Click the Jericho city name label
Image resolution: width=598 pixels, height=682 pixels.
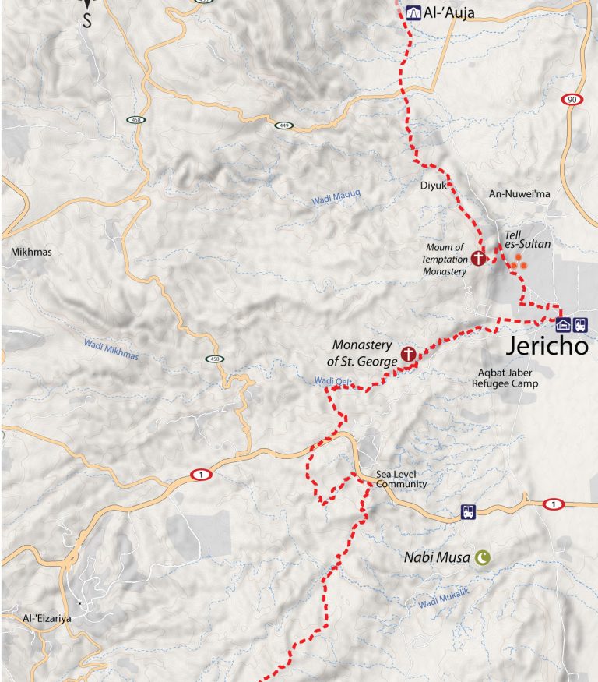[x=547, y=347]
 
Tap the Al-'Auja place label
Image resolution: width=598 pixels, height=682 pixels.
[x=449, y=12]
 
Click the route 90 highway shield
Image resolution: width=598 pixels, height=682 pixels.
[x=572, y=99]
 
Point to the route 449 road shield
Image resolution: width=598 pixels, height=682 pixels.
[x=282, y=124]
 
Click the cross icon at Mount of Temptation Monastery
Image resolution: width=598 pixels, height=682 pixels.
[x=478, y=258]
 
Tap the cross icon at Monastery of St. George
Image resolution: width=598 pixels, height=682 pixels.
[x=406, y=355]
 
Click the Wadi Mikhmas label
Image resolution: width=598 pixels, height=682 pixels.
[x=111, y=351]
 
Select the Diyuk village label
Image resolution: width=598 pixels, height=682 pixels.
[x=432, y=186]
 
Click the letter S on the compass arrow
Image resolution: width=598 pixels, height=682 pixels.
[x=87, y=21]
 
